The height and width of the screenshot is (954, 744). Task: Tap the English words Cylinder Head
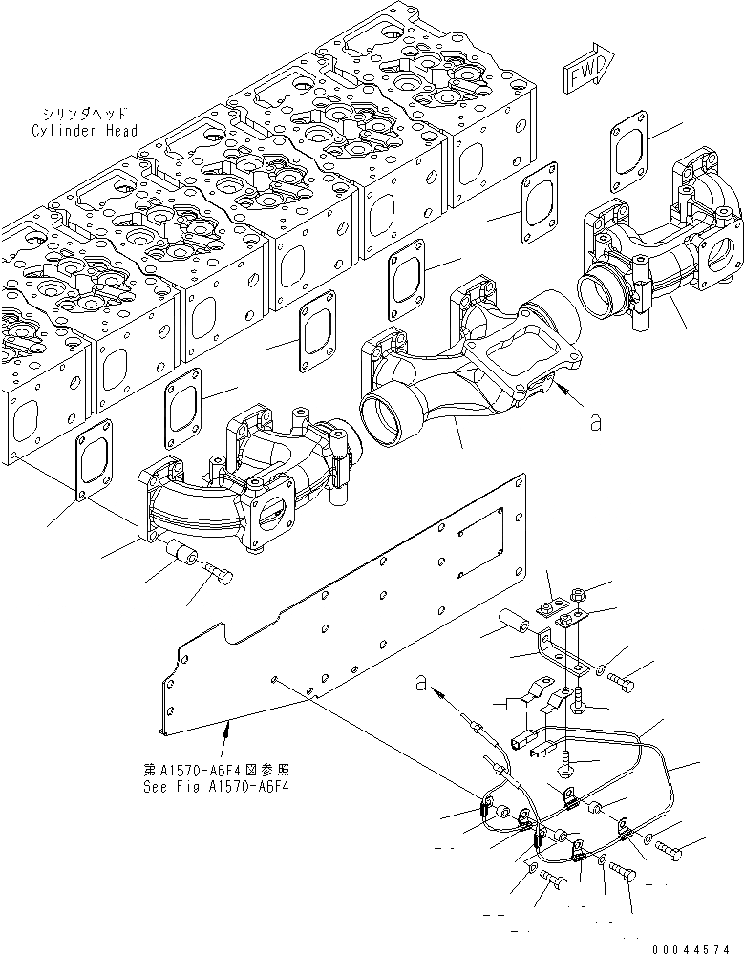tap(84, 131)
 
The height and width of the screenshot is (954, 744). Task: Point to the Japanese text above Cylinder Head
tap(82, 113)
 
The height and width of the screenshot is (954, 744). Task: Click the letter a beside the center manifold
tap(596, 422)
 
